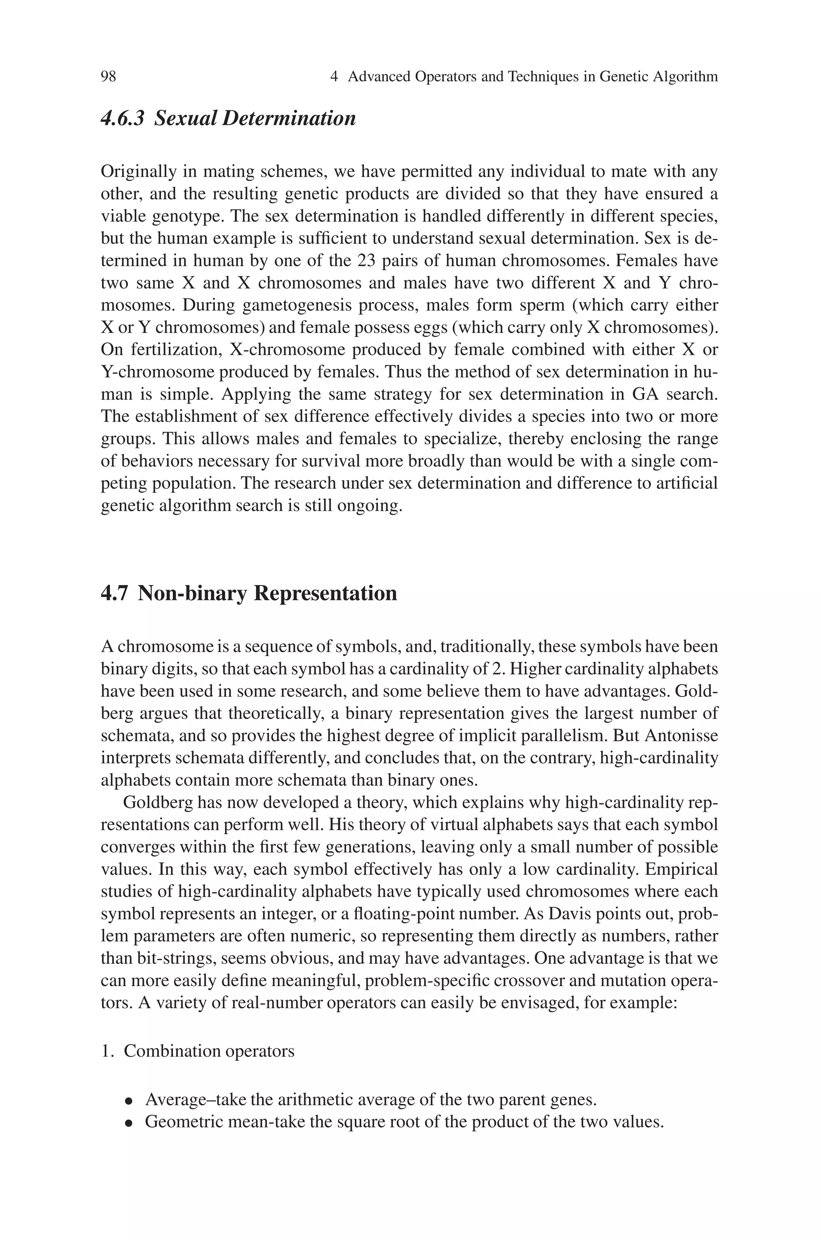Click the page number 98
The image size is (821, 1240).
click(x=108, y=77)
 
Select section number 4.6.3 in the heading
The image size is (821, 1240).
click(x=122, y=118)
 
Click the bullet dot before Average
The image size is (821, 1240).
click(x=128, y=1101)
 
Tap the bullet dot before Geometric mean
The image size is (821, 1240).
click(x=128, y=1123)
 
